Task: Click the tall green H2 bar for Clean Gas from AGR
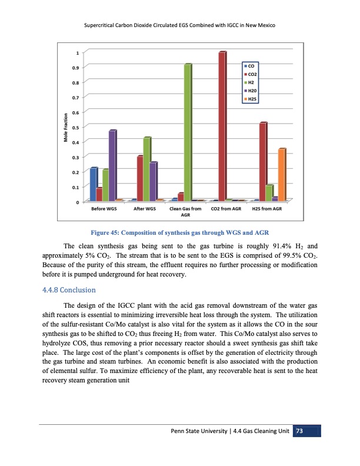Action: click(188, 132)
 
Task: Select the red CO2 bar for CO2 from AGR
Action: click(222, 127)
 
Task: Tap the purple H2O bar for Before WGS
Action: click(112, 165)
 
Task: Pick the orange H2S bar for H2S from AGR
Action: click(282, 175)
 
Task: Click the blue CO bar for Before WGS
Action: click(93, 184)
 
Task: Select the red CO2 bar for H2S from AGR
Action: click(263, 161)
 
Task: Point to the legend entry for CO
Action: click(249, 66)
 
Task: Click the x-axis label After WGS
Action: click(144, 209)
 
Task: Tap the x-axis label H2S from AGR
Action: click(267, 209)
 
